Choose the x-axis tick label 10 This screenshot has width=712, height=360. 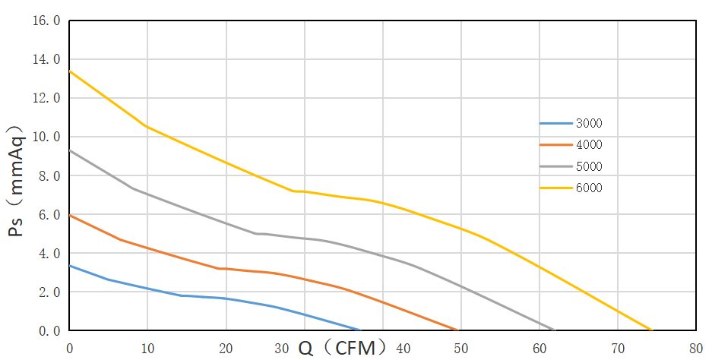click(147, 349)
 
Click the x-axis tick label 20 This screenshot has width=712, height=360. click(226, 349)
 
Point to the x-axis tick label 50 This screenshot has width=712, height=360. click(460, 349)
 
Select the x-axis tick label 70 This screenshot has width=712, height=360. click(617, 349)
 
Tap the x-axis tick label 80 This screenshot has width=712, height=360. click(695, 349)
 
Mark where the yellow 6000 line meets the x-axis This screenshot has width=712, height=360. click(652, 330)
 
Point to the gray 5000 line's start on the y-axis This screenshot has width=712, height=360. click(70, 150)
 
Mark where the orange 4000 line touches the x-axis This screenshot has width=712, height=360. click(457, 330)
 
